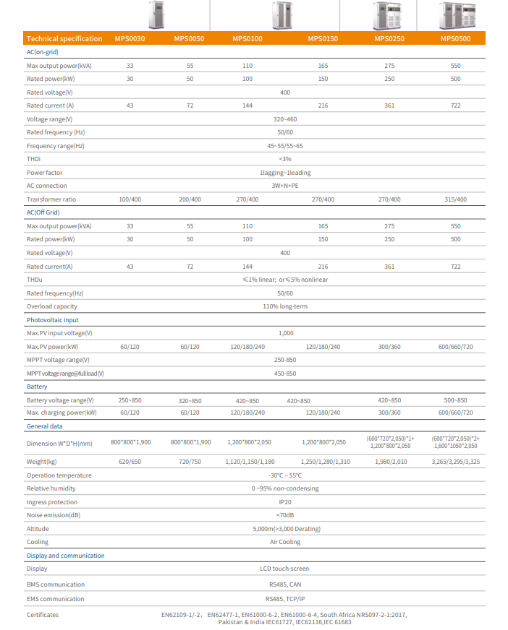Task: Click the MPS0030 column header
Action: point(130,39)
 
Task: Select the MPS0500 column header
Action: point(455,39)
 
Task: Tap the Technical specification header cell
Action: point(64,39)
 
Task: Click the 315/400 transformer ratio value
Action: point(455,199)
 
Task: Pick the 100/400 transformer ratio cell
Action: point(130,199)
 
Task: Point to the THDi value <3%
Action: point(285,159)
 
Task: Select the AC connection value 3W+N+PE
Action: point(285,186)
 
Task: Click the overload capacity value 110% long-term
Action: point(285,306)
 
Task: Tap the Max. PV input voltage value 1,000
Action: point(285,333)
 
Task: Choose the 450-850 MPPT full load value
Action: point(285,374)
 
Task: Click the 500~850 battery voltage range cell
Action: point(455,400)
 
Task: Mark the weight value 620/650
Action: point(130,461)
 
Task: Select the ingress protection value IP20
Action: point(285,502)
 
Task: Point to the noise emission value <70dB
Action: point(285,515)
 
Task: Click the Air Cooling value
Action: point(285,542)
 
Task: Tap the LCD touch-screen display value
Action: point(285,569)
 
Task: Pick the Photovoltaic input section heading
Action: point(53,320)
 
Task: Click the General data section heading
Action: point(45,427)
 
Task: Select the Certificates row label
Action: point(43,615)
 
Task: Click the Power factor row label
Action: point(45,173)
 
